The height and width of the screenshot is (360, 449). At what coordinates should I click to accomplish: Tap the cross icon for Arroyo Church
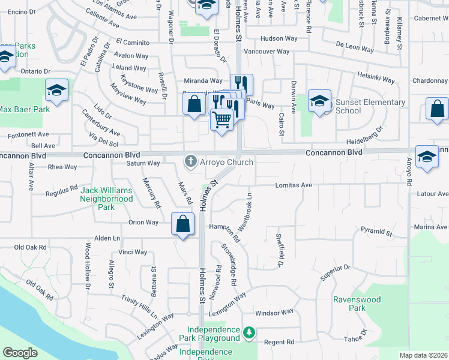(x=191, y=161)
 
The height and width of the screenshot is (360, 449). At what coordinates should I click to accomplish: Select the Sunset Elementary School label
(x=370, y=106)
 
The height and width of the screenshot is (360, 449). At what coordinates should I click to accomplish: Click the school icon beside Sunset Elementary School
(x=320, y=101)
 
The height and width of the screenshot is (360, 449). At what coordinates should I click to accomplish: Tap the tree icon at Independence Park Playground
(x=249, y=332)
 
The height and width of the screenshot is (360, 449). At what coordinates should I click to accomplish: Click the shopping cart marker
(x=221, y=120)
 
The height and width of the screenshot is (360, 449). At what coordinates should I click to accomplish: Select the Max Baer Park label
(x=25, y=110)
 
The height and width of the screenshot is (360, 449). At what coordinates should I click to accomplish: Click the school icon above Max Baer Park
(x=56, y=91)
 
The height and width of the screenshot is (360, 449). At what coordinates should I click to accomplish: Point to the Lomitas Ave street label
(x=294, y=185)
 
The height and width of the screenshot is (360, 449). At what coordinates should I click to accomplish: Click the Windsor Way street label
(x=274, y=313)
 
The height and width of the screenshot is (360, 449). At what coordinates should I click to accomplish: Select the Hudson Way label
(x=279, y=38)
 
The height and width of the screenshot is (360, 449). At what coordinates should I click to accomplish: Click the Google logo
(x=20, y=353)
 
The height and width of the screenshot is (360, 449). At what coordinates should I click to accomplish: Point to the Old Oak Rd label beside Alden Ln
(x=30, y=247)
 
